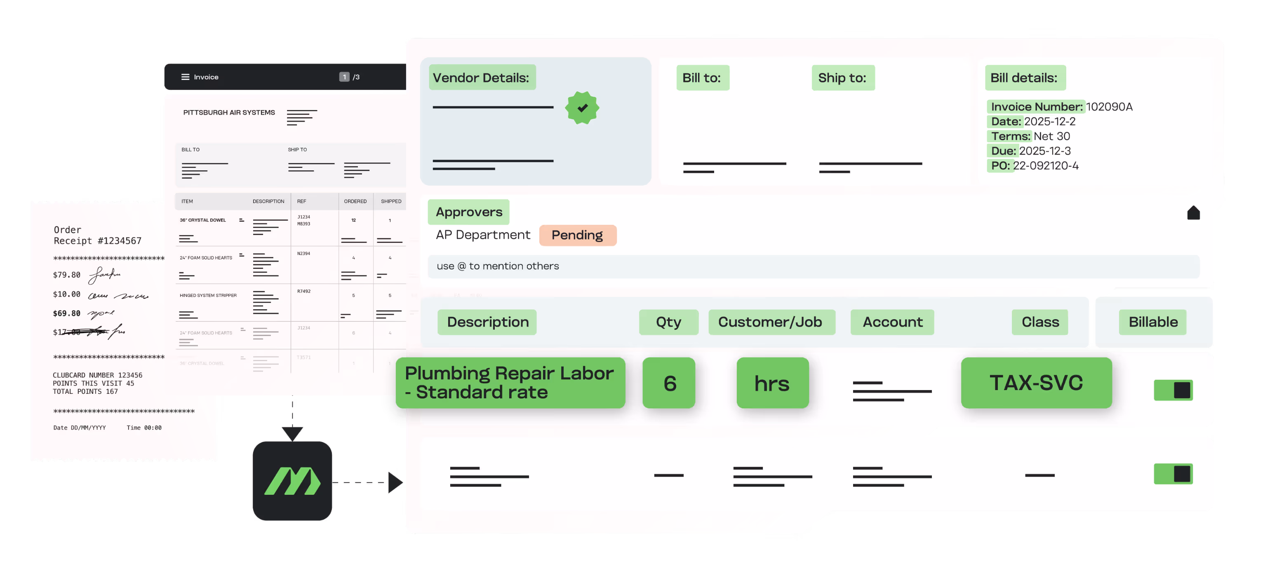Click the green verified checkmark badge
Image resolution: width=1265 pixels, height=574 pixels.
(x=582, y=108)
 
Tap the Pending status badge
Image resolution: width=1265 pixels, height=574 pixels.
(x=578, y=235)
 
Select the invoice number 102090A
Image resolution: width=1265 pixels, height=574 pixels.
(x=1109, y=106)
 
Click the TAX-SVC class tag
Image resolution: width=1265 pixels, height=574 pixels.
(x=1036, y=383)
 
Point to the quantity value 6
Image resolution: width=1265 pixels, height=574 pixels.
(x=669, y=383)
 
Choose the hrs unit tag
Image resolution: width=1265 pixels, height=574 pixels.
(x=772, y=383)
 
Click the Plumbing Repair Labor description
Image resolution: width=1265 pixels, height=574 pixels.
(x=510, y=383)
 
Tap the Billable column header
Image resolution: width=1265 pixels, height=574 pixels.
(x=1152, y=322)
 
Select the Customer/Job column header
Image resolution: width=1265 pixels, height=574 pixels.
(x=770, y=322)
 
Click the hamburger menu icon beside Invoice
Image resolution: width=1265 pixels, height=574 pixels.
(x=185, y=77)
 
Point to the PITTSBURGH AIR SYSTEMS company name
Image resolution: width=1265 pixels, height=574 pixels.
(x=229, y=113)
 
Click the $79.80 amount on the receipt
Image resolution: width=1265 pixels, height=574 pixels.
(x=67, y=275)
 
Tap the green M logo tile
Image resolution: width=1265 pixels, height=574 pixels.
(x=292, y=481)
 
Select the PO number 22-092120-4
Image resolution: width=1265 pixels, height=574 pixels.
(x=1046, y=165)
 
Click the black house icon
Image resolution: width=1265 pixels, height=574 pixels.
(x=1193, y=213)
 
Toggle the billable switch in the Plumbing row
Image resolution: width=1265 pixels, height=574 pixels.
(x=1173, y=391)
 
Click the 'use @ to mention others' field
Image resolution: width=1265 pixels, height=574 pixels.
(x=813, y=266)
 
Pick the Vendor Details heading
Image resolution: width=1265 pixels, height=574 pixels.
(x=481, y=78)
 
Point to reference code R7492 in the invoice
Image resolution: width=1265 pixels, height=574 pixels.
(x=303, y=291)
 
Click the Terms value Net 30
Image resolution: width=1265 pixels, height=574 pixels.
(x=1051, y=136)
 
